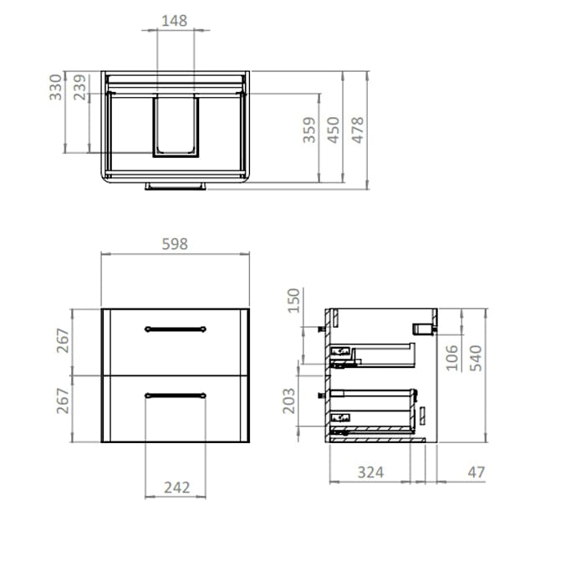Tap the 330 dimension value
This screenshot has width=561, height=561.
[x=56, y=87]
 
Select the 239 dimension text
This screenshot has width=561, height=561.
[x=80, y=87]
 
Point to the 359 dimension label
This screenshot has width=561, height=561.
[x=309, y=131]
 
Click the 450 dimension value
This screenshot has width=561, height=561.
[x=334, y=131]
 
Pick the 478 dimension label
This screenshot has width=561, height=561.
[x=358, y=131]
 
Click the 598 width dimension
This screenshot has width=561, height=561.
[x=174, y=244]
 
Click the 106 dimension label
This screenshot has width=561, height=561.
[x=451, y=357]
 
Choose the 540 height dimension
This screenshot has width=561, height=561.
[x=475, y=357]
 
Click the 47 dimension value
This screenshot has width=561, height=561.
[x=477, y=472]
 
